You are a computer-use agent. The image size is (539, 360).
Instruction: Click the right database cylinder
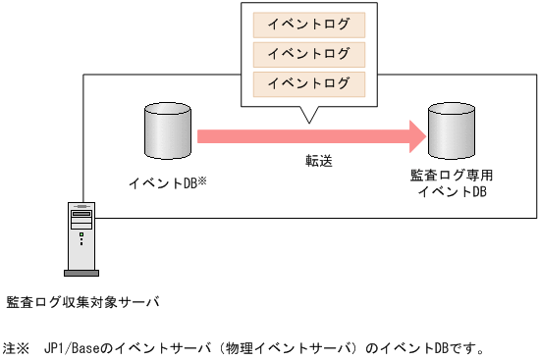tap(452, 130)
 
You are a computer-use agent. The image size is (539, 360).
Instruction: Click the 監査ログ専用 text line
tap(452, 174)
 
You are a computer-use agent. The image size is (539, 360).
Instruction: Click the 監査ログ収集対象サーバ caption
tap(81, 301)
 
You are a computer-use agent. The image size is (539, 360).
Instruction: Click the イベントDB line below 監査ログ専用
tap(452, 191)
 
